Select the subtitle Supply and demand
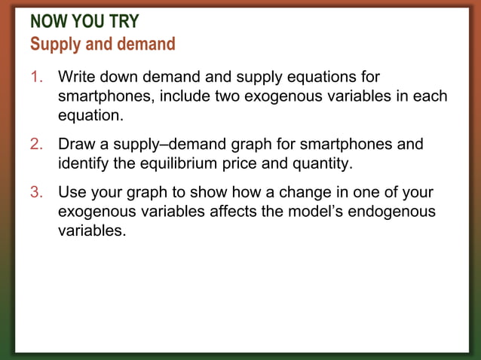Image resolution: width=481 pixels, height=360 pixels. coord(103,44)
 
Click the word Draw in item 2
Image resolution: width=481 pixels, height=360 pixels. coord(76,144)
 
